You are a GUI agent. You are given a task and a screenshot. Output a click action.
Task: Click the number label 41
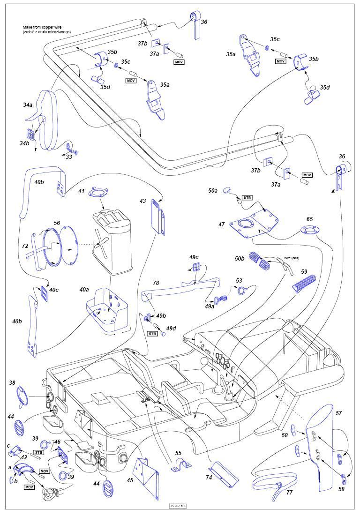click(82, 191)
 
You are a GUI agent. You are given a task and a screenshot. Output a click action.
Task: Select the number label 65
click(309, 219)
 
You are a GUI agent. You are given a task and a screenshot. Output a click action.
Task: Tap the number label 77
click(289, 493)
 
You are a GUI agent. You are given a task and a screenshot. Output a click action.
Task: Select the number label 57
click(338, 413)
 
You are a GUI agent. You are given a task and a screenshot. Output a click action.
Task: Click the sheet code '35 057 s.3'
click(181, 506)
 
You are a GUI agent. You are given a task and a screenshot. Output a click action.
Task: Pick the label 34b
click(24, 143)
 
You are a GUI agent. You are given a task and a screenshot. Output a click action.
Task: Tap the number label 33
click(69, 157)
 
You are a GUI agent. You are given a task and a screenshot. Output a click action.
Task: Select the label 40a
click(84, 290)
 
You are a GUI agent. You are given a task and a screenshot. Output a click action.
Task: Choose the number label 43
click(143, 201)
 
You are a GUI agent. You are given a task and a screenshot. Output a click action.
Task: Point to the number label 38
click(12, 382)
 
